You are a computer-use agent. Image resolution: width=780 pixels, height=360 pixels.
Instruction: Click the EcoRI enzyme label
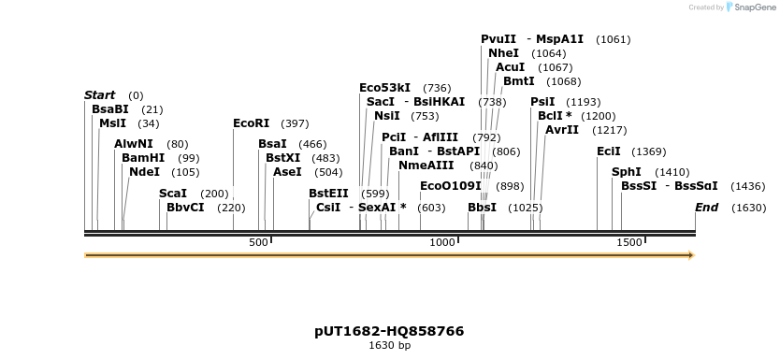coord(251,123)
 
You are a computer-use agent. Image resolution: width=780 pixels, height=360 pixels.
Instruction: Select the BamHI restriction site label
coord(142,158)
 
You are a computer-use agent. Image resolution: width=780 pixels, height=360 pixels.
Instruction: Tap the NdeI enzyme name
coord(144,172)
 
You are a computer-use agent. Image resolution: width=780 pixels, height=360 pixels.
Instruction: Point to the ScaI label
coord(173,194)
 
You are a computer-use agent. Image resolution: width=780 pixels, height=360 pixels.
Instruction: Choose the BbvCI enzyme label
coord(185,208)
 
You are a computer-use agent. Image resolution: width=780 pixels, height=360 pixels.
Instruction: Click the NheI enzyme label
coord(503,53)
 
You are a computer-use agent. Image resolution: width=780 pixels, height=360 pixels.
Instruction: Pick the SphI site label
coord(626,172)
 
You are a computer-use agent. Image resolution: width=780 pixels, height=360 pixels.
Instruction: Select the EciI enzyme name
coord(608,151)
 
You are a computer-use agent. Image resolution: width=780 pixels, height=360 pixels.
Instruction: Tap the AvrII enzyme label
coord(561,130)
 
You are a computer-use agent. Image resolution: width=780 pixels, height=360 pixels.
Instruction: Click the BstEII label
coord(328,194)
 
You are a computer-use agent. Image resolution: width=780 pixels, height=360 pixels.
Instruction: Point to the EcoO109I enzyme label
coord(450,186)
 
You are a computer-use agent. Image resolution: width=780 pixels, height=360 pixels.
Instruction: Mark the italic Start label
coord(99,95)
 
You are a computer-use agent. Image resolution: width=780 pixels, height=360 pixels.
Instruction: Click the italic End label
coord(706,208)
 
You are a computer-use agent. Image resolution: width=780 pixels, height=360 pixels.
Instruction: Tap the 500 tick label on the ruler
coord(258,243)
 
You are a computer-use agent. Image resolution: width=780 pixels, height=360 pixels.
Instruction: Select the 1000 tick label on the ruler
coord(441,243)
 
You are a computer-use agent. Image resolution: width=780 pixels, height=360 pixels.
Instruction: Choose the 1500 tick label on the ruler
coord(629,243)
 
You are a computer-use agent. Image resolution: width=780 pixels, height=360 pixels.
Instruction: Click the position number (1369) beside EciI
coord(648,151)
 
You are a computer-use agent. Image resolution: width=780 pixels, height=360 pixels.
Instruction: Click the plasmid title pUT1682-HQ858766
coord(389,331)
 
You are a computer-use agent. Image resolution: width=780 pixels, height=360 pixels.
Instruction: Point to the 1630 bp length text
coord(389,346)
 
